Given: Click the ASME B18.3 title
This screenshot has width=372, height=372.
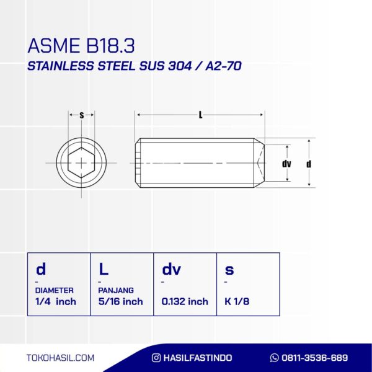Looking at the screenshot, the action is (81, 45).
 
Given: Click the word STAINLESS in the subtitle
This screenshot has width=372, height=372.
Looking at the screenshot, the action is (61, 66).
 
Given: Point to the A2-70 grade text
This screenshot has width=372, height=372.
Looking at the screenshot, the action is (223, 66).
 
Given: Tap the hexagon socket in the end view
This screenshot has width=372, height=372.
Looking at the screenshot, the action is (81, 162).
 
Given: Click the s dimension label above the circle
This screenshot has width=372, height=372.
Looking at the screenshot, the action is (82, 115).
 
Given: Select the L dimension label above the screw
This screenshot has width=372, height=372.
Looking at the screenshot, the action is (200, 115).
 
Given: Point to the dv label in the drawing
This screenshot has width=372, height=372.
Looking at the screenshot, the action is (286, 164).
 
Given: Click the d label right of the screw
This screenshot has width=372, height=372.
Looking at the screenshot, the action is (309, 164).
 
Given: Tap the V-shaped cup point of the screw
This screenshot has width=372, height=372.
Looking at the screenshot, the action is (261, 163).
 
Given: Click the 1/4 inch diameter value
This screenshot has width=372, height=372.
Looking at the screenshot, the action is (56, 301).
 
